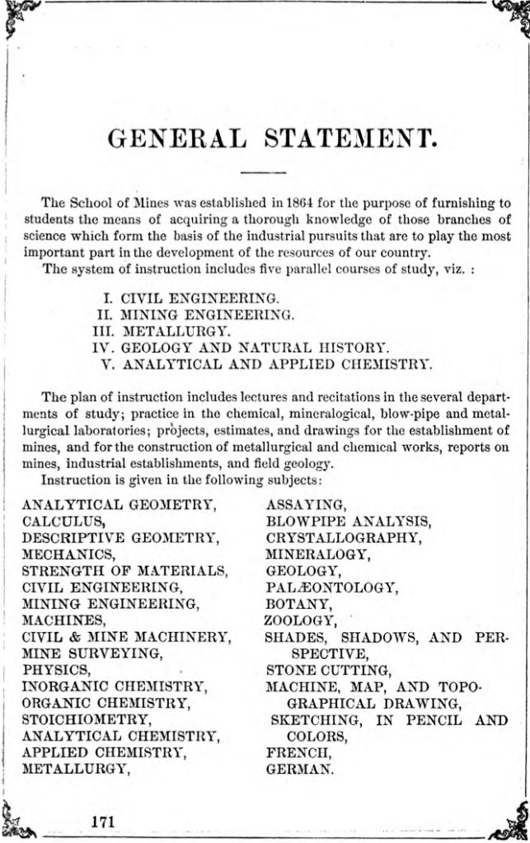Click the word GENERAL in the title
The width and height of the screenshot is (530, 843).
tap(176, 138)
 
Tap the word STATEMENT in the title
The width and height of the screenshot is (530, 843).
tap(349, 138)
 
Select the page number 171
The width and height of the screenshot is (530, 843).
tap(102, 821)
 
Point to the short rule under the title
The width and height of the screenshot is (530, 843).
tap(265, 172)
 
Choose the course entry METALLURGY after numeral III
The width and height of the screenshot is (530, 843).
tap(164, 330)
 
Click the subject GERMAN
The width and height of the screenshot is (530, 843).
tap(299, 769)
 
